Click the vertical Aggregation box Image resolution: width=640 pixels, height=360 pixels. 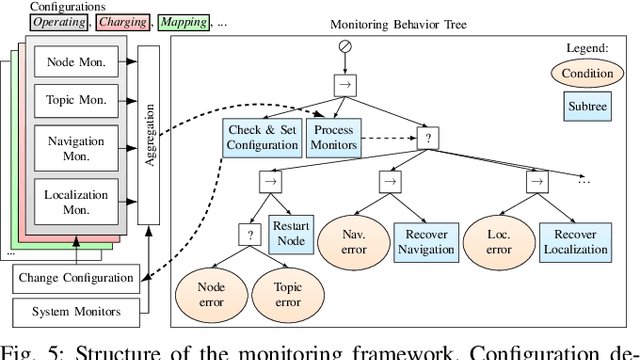149,134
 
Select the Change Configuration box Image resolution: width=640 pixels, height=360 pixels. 75,277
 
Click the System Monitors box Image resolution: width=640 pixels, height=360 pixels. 75,311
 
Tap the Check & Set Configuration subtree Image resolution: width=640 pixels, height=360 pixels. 262,137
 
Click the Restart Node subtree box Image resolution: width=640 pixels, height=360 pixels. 290,233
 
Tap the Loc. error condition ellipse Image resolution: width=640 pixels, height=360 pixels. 499,240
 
